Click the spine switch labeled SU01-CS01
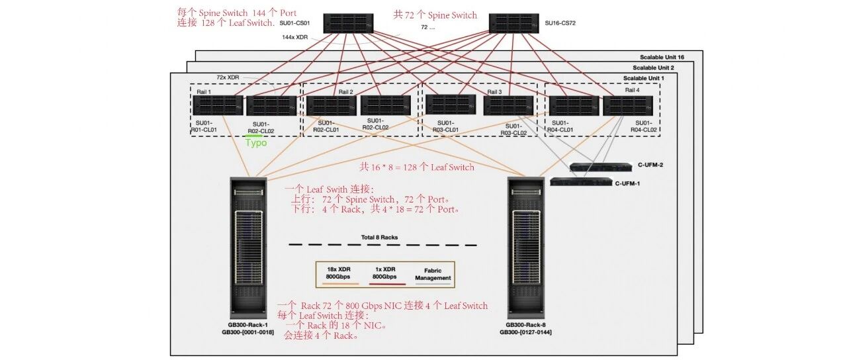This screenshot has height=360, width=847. [x=348, y=23]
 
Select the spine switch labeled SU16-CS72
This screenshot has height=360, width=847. [x=514, y=23]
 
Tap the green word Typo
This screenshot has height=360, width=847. [x=256, y=142]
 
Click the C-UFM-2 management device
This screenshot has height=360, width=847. [x=601, y=167]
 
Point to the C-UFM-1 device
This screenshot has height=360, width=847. [x=581, y=181]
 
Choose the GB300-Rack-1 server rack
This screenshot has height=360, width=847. [x=248, y=248]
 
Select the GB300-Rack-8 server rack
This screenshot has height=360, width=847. [x=526, y=248]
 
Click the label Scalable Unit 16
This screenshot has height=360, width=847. [x=662, y=57]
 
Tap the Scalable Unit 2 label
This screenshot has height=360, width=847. [x=653, y=67]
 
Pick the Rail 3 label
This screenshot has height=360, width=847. [x=494, y=92]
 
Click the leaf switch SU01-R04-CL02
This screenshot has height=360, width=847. [x=628, y=105]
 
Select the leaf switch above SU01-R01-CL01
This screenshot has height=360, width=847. [x=218, y=105]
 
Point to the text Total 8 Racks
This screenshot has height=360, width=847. [x=379, y=238]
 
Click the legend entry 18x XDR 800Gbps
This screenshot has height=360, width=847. [x=339, y=273]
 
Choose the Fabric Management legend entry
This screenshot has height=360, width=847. [x=433, y=275]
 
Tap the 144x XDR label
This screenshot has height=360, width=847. [x=295, y=38]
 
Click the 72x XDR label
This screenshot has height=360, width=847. [x=228, y=77]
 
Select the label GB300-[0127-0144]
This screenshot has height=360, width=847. [x=525, y=332]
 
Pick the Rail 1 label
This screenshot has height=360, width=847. [x=204, y=92]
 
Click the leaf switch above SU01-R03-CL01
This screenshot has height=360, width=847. [x=451, y=105]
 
